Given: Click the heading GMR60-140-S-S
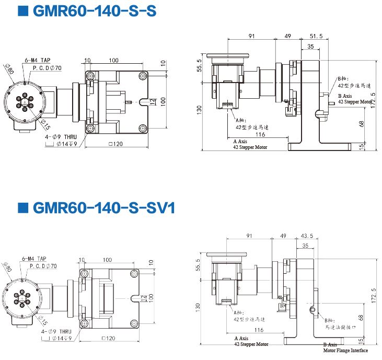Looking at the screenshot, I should pos(94,10).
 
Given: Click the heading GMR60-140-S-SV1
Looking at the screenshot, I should pos(105,207).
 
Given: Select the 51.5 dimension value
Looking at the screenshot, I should pos(316,36).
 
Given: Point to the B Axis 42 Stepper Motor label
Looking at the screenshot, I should pos(355,99).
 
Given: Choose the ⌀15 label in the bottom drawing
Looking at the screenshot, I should pos(45,320).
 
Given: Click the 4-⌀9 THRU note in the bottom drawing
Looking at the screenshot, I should pos(59,331).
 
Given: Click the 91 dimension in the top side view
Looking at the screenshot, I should pos(252,36).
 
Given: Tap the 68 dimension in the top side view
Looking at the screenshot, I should pos(362,124).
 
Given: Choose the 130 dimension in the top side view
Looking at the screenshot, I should pos(199,110).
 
